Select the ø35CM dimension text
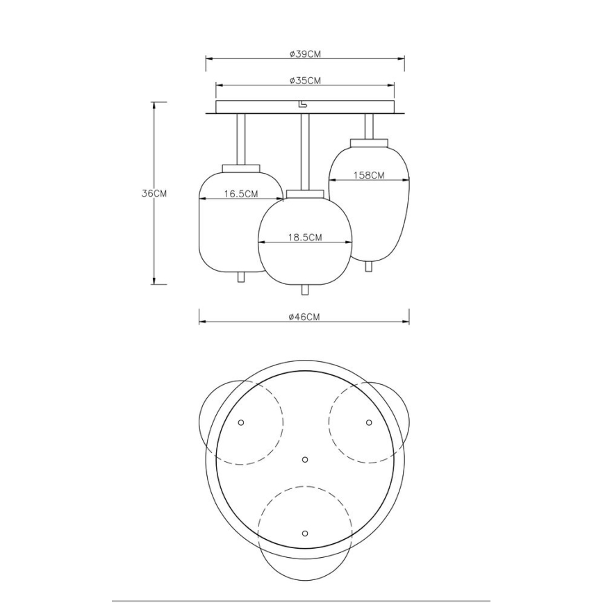coord(305,81)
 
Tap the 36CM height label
coord(154,194)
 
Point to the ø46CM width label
coord(304,317)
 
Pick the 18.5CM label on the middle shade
coord(305,237)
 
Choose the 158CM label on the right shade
coord(369,176)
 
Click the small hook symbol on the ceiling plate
coord(302,105)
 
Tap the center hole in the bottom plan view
coord(304,459)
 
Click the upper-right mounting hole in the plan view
coord(369,422)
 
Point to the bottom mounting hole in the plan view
coord(304,533)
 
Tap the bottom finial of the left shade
coord(241,276)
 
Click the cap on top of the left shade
coord(241,168)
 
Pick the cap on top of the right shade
coord(369,142)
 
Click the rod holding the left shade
coord(241,139)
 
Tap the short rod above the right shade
coord(369,126)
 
